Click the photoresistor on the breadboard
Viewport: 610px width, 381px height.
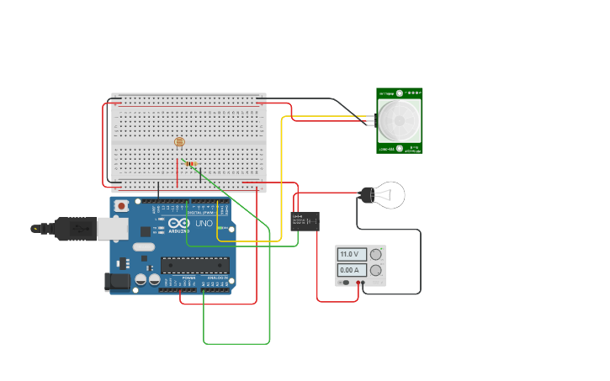178,142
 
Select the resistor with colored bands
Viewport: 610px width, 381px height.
191,163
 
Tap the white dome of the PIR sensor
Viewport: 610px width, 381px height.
399,120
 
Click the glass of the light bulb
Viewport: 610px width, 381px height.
390,195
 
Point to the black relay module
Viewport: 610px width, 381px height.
305,221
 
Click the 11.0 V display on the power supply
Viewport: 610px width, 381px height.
352,254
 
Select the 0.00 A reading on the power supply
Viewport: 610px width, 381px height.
352,270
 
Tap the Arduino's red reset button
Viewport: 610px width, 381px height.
122,205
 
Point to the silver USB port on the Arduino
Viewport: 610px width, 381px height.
112,228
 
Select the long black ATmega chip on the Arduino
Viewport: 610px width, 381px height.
194,265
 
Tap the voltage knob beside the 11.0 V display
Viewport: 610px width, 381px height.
375,254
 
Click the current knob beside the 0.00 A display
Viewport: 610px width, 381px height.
375,270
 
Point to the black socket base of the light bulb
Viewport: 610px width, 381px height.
367,195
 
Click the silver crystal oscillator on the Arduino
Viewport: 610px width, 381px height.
142,247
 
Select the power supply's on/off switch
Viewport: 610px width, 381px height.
346,282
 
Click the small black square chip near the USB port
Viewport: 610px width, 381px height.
146,230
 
